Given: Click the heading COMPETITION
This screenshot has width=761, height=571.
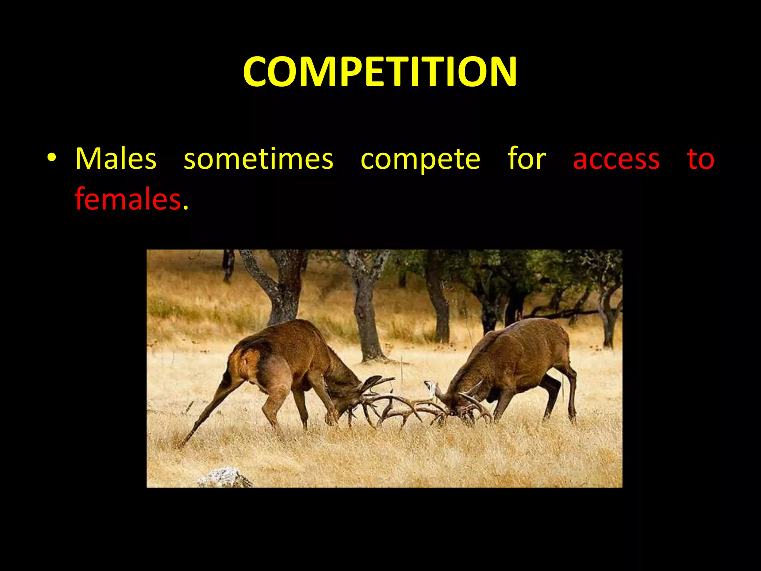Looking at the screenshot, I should coord(380,71).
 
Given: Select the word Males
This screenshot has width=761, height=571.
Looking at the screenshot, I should coord(116,159).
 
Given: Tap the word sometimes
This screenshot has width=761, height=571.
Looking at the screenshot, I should coord(259,159).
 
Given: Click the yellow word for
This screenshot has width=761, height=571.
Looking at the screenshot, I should coord(527,158).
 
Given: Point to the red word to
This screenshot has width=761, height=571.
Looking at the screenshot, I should coord(700,159).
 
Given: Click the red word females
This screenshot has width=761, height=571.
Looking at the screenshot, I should coord(128,199).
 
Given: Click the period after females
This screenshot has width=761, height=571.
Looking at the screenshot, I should coord(186,207).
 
